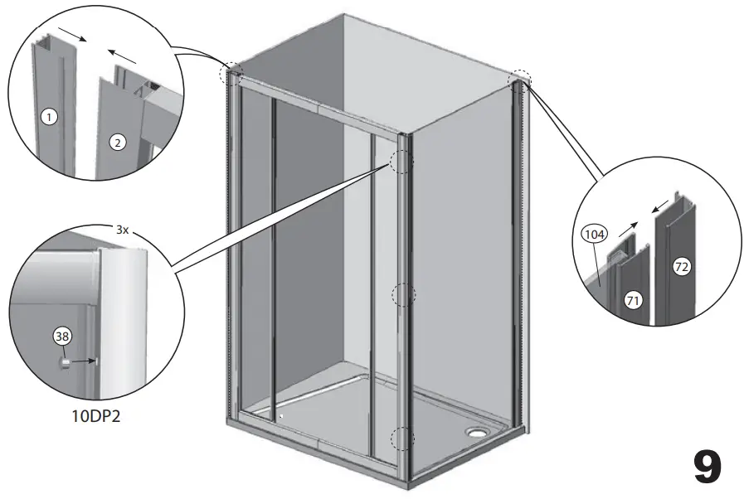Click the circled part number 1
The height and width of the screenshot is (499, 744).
pos(49,118)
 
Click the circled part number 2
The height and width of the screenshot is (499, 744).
pos(118,143)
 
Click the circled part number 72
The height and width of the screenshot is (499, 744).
pos(682,267)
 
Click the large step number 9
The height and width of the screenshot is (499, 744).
pos(707,468)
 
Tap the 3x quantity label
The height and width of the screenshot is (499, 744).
pos(122,230)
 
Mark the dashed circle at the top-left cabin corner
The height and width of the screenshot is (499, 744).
pos(230,74)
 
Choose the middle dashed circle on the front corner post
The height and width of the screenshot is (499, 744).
pos(402,294)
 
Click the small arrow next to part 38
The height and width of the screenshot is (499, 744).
pos(84,361)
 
